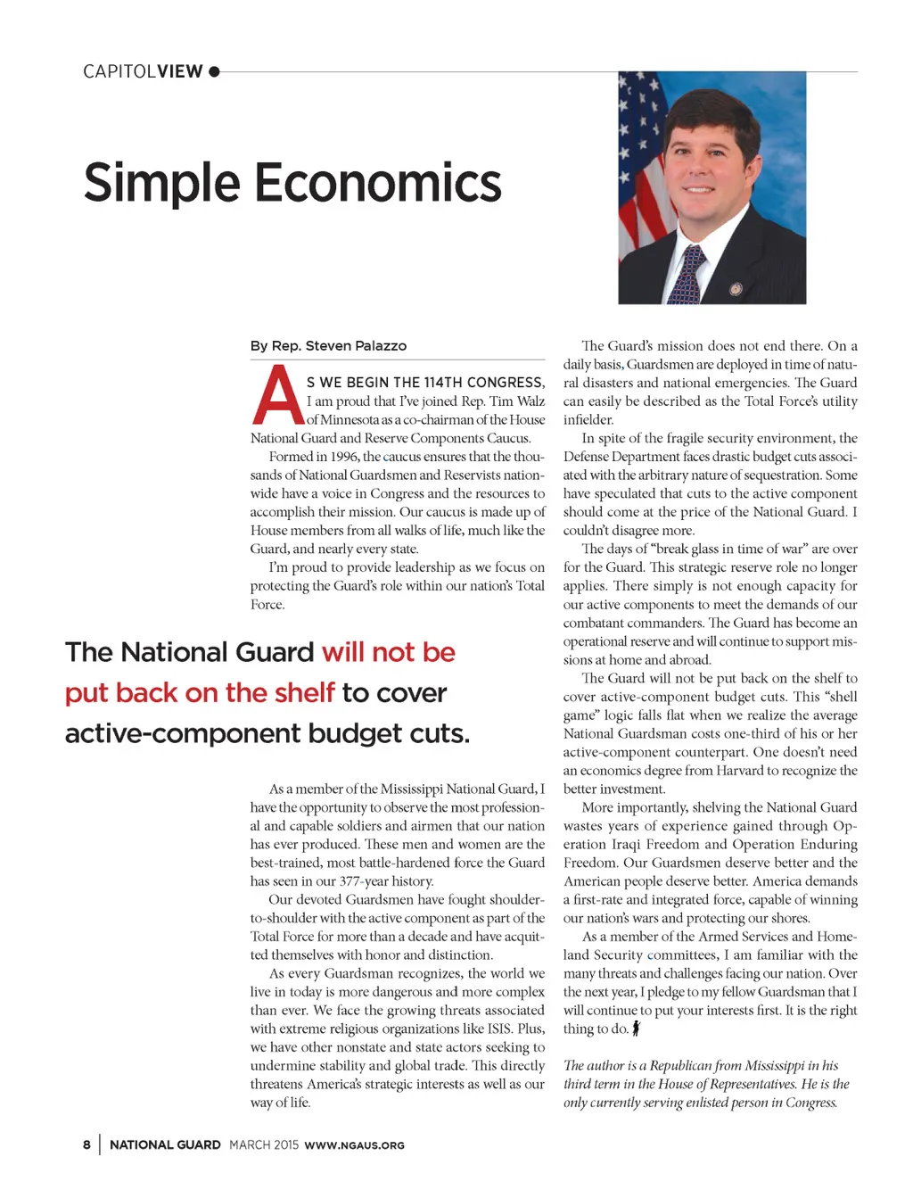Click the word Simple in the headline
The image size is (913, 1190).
(x=161, y=184)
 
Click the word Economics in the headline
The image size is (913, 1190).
(x=378, y=184)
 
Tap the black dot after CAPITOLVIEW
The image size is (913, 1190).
(x=214, y=71)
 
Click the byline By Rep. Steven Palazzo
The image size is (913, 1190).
(x=328, y=346)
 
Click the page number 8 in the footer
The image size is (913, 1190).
(x=86, y=1145)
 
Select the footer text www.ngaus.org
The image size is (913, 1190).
(x=354, y=1145)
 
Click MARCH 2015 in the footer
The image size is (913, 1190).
(x=263, y=1145)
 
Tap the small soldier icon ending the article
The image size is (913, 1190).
(x=636, y=1029)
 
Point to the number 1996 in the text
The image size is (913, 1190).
(x=343, y=457)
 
